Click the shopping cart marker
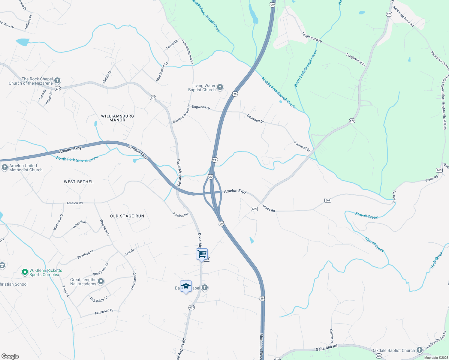click(x=202, y=254)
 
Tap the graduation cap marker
click(x=186, y=286)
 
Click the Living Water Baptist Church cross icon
click(x=220, y=87)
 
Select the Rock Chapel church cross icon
click(x=57, y=81)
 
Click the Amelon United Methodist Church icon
click(x=5, y=167)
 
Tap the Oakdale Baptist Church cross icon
click(x=419, y=350)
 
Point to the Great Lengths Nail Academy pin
click(x=101, y=281)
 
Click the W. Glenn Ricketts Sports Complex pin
click(x=25, y=272)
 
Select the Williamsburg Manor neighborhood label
click(x=117, y=118)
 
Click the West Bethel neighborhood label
click(x=79, y=182)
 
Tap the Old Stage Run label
click(x=127, y=216)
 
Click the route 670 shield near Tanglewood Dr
click(x=389, y=14)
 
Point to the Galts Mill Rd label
click(x=327, y=348)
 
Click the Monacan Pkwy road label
click(x=261, y=346)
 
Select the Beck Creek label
click(x=437, y=260)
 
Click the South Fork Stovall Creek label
click(x=77, y=159)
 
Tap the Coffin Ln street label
click(x=332, y=336)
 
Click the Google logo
click(x=10, y=356)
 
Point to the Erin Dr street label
click(x=130, y=252)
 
